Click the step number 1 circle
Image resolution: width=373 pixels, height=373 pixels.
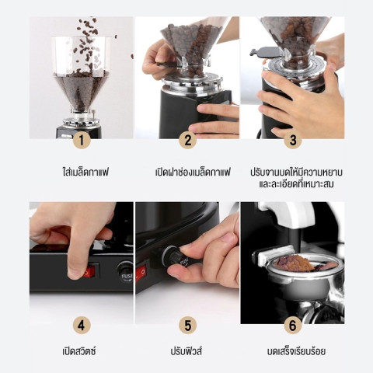[82, 141]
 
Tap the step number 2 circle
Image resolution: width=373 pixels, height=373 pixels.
[186, 141]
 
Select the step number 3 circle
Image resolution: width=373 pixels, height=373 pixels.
[291, 141]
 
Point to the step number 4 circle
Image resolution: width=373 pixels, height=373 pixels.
[82, 324]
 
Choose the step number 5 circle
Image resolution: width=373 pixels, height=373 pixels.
[186, 324]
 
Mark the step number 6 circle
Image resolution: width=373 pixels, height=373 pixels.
[291, 324]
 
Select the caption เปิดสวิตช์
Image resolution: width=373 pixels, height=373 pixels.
[82, 351]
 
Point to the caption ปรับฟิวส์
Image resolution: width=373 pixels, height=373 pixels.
[186, 351]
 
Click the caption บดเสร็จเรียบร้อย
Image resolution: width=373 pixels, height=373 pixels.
[291, 351]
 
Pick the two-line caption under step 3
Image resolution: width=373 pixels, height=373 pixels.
[291, 177]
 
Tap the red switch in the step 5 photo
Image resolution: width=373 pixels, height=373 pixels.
[141, 272]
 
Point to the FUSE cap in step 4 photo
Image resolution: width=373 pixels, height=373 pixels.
[124, 271]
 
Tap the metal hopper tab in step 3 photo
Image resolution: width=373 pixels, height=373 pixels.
[263, 52]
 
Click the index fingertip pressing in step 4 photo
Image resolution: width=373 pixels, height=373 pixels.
[75, 270]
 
